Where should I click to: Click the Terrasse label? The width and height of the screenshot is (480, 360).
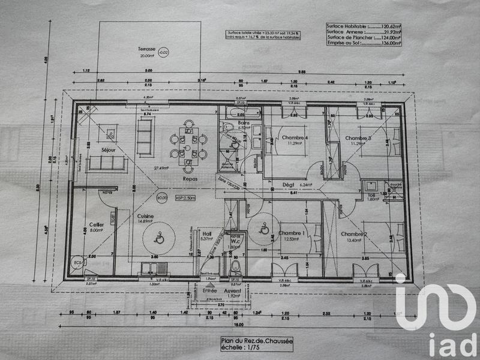click(x=146, y=48)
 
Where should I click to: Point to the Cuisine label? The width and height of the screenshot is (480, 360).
click(x=145, y=216)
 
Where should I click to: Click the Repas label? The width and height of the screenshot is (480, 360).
click(x=191, y=179)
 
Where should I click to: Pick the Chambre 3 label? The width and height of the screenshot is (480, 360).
click(x=358, y=139)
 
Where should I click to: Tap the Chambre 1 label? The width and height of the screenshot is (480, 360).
click(x=292, y=233)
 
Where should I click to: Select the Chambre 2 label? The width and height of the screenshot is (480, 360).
click(x=354, y=233)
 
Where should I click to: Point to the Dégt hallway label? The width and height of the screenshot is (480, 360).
click(x=288, y=185)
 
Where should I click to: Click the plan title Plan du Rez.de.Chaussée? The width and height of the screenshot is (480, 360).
click(x=256, y=340)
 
